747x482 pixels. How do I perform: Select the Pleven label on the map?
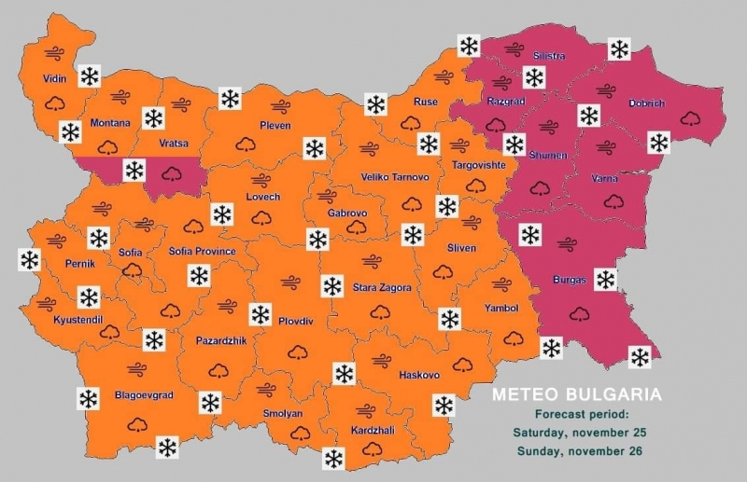275,125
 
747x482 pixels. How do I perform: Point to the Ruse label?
426,102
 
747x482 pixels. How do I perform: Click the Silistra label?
549,56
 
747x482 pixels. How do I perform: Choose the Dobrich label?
646,103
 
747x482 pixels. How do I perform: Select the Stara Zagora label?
382,288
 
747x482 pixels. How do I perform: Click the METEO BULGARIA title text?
577,395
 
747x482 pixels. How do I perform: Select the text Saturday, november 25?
579,433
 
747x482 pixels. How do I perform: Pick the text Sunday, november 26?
579,451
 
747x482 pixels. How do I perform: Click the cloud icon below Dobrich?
692,118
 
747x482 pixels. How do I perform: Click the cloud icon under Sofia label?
132,270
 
